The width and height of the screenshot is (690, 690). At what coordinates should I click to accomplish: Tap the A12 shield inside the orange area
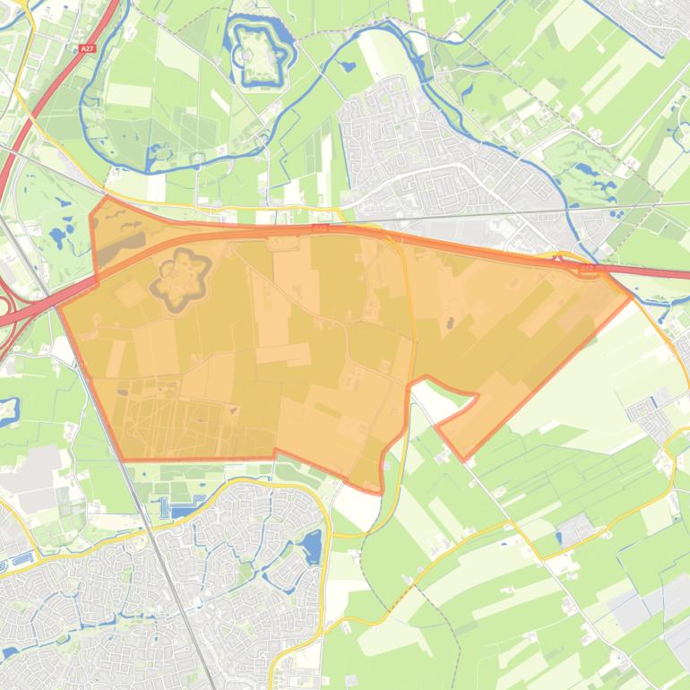(320, 229)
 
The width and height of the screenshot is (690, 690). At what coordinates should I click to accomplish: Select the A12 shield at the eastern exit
(589, 267)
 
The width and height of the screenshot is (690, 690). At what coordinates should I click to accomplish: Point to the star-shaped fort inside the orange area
(182, 273)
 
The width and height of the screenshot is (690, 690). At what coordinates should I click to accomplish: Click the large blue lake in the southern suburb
(312, 546)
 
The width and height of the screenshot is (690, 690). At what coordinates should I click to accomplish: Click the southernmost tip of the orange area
(380, 492)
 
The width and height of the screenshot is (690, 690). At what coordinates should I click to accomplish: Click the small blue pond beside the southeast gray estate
(559, 537)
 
